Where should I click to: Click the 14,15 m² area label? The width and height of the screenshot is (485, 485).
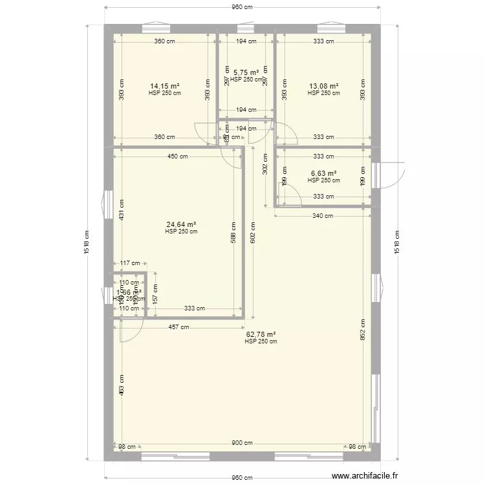(164, 86)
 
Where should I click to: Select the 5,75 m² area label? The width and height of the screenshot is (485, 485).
(246, 72)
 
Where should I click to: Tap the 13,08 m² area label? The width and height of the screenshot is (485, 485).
(323, 86)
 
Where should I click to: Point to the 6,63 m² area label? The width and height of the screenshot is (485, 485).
(323, 173)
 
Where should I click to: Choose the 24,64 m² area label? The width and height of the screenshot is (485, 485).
(181, 224)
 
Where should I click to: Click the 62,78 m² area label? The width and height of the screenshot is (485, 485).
(261, 334)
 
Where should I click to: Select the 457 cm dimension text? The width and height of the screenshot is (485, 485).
(179, 327)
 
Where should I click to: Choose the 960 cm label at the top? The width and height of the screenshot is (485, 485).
(242, 7)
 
